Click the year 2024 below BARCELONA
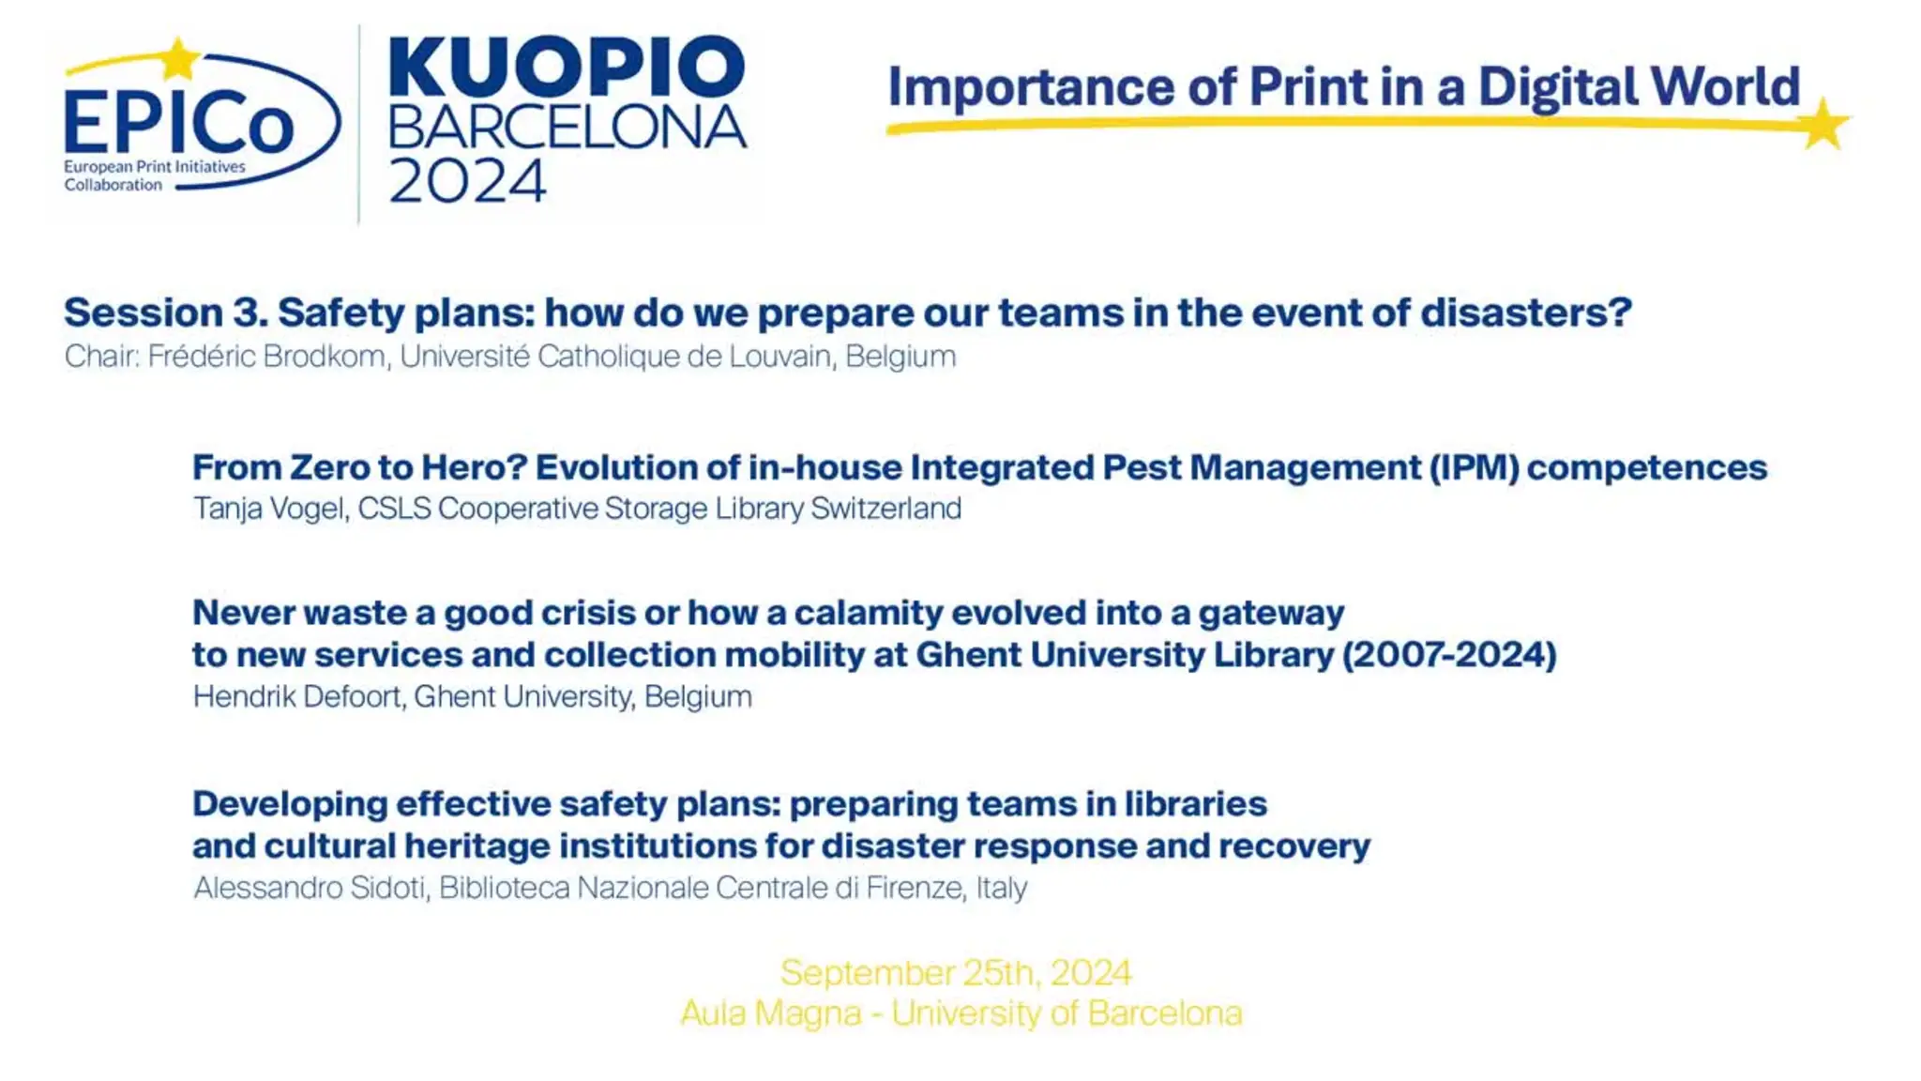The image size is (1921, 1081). pyautogui.click(x=467, y=181)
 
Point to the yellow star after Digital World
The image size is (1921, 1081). pyautogui.click(x=1824, y=124)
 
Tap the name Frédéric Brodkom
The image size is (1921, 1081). pyautogui.click(x=266, y=357)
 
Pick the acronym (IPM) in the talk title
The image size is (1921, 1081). pyautogui.click(x=1474, y=467)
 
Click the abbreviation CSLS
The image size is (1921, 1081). pyautogui.click(x=394, y=509)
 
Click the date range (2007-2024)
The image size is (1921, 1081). pyautogui.click(x=1449, y=655)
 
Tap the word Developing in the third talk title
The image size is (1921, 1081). pyautogui.click(x=290, y=805)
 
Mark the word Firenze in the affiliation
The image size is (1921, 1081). pyautogui.click(x=915, y=888)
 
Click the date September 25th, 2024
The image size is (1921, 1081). pyautogui.click(x=956, y=973)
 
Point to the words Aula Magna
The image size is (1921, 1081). pyautogui.click(x=771, y=1013)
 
